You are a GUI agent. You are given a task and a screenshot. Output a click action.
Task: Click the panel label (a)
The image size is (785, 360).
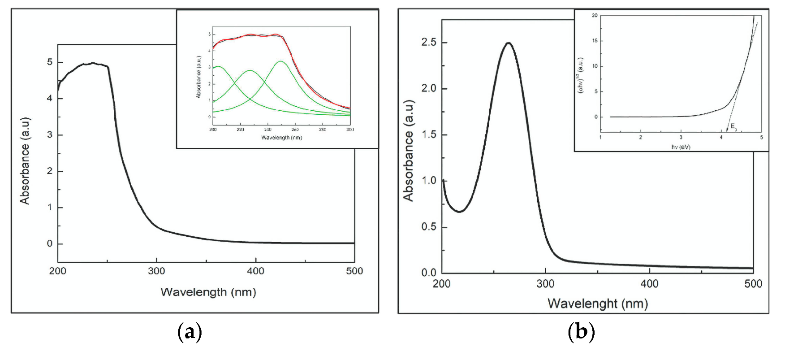point(190,333)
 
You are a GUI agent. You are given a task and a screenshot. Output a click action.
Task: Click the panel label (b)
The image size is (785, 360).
point(581,333)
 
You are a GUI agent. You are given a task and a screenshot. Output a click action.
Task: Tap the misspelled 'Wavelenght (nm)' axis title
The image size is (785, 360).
point(597,304)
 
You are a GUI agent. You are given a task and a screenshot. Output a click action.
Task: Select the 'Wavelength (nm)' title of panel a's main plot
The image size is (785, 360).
point(208,292)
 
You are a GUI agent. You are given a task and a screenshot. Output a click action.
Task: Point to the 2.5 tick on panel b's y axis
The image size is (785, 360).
point(428,43)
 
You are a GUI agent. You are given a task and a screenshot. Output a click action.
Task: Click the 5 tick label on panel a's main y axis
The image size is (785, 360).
point(50,62)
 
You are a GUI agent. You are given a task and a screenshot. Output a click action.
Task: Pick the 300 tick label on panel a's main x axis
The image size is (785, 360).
point(156,271)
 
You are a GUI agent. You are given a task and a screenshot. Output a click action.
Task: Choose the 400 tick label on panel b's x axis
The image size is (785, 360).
point(649,284)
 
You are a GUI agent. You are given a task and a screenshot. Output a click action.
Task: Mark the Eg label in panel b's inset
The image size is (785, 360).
point(733,127)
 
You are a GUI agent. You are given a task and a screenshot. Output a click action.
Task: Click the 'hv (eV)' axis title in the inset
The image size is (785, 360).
point(681,147)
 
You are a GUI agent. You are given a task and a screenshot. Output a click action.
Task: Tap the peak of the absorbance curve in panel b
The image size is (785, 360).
point(508,43)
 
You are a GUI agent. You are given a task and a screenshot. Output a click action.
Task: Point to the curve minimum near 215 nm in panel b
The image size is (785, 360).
point(459,212)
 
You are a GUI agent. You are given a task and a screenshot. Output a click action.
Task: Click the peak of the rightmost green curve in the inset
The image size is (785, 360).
point(280,61)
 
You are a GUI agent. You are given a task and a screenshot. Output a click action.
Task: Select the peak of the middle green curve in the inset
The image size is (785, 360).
point(250,70)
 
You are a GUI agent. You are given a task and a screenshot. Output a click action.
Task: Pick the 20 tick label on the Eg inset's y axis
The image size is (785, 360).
point(595,15)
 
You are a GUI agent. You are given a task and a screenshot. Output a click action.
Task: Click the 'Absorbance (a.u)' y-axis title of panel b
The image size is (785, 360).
point(408,150)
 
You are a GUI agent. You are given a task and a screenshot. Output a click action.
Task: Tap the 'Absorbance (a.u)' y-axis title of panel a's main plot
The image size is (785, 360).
point(25,160)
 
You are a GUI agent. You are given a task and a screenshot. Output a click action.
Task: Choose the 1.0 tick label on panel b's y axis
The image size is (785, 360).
point(428,181)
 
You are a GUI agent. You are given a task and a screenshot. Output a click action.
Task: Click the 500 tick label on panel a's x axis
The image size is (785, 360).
point(354,271)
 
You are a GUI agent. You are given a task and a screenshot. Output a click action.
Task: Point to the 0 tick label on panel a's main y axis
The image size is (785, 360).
point(50,243)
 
